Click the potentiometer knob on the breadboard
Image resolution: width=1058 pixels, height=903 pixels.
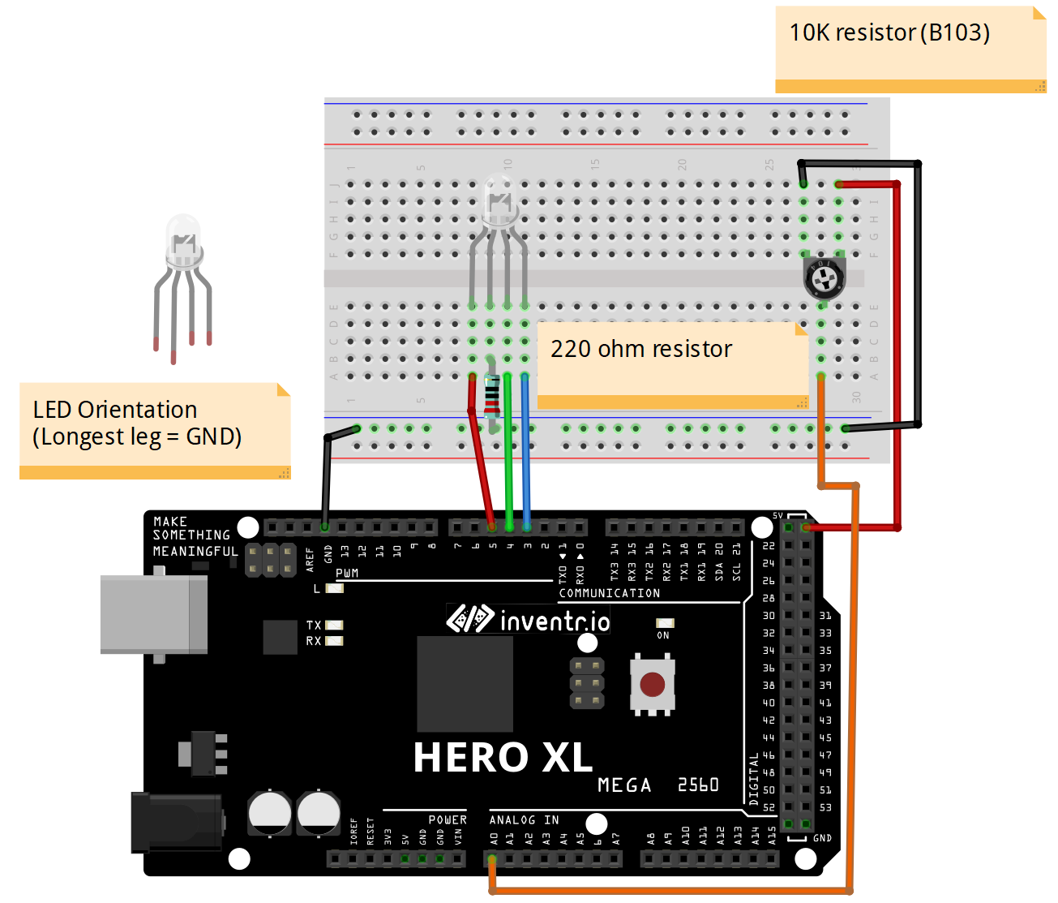(x=825, y=278)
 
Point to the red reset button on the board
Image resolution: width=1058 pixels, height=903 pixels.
(x=652, y=685)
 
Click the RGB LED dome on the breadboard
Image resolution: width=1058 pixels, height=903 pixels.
(x=499, y=200)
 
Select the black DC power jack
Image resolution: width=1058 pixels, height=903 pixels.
(x=176, y=822)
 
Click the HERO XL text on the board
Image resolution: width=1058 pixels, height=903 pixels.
(x=503, y=758)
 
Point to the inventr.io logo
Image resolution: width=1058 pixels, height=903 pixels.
(x=529, y=620)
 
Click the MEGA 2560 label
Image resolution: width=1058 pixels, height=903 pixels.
(x=658, y=785)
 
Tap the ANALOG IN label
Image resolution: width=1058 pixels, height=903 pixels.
(x=524, y=820)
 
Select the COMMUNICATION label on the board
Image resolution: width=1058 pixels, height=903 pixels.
(x=609, y=593)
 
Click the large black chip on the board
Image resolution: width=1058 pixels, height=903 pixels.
(x=465, y=683)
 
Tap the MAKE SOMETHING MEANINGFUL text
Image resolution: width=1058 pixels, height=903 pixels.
(x=195, y=536)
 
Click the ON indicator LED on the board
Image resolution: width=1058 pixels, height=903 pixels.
(x=665, y=623)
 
